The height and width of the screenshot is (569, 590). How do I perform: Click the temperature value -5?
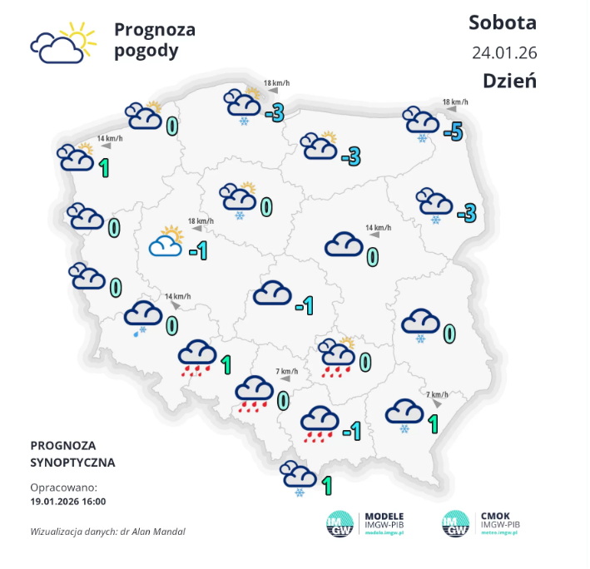click(453, 131)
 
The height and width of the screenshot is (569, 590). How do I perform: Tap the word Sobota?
click(502, 22)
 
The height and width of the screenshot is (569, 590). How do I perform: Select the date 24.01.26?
click(504, 52)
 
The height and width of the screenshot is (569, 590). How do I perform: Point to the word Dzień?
click(509, 81)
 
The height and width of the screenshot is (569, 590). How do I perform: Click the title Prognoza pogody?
click(154, 40)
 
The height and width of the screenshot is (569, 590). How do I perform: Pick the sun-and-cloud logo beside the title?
click(59, 42)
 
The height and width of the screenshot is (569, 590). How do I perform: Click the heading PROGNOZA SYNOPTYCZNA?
click(72, 453)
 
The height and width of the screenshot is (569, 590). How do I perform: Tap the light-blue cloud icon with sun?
click(166, 243)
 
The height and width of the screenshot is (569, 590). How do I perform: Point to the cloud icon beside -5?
click(420, 121)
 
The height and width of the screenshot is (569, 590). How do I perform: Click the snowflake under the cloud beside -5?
click(422, 137)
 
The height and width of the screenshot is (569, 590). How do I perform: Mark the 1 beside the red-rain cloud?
click(226, 364)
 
